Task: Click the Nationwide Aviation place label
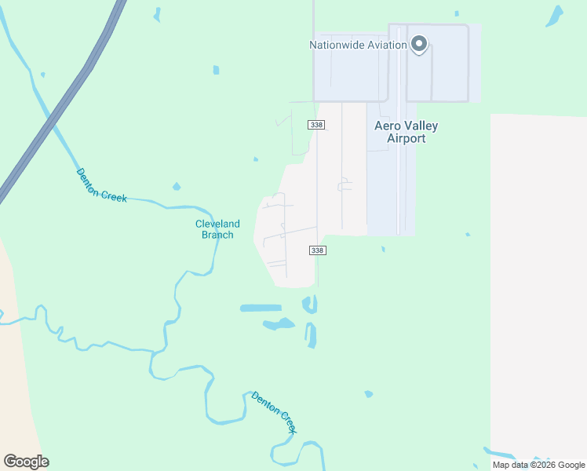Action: click(x=358, y=45)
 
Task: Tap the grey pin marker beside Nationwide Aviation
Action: click(x=419, y=44)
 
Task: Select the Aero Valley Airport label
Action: click(x=406, y=132)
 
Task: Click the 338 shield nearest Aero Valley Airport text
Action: click(x=316, y=125)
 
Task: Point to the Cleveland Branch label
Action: click(x=217, y=229)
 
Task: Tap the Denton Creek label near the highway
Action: click(x=101, y=185)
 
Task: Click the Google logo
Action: click(x=26, y=462)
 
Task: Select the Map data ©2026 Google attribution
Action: click(x=538, y=465)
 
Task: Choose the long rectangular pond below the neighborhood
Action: click(x=260, y=308)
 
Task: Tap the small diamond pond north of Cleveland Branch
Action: click(x=176, y=187)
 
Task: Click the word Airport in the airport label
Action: click(x=407, y=139)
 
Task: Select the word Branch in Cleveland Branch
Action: click(x=217, y=235)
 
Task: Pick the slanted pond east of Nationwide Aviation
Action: click(x=556, y=15)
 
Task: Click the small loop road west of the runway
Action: click(x=344, y=185)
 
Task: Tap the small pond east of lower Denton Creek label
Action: click(x=368, y=394)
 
